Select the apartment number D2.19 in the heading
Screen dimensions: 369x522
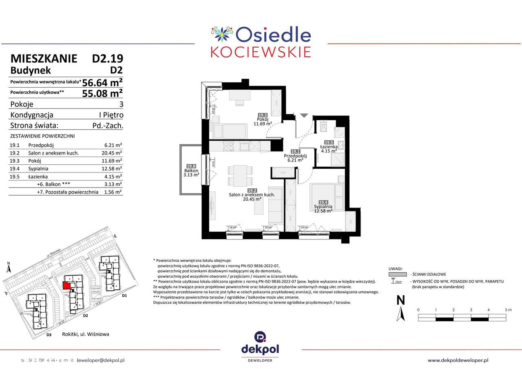(x=107, y=59)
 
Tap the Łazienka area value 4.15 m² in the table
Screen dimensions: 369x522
(x=113, y=177)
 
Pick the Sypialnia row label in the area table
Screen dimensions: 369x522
(x=38, y=168)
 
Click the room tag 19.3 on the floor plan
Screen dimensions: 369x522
(x=262, y=115)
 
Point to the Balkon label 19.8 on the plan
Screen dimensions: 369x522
(x=191, y=166)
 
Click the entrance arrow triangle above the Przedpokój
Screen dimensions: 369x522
(x=304, y=116)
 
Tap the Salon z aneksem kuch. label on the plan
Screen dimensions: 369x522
(x=252, y=195)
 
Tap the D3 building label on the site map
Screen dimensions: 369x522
(x=49, y=335)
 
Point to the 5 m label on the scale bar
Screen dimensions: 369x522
(x=508, y=310)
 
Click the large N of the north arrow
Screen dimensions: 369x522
(x=401, y=301)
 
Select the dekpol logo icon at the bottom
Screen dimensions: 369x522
(x=260, y=337)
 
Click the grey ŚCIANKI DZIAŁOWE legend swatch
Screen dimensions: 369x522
(x=395, y=274)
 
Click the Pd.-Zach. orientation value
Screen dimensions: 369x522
(x=108, y=126)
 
